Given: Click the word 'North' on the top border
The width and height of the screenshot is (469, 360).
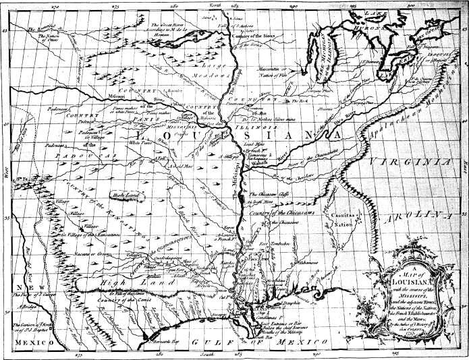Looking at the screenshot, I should point(216,5).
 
